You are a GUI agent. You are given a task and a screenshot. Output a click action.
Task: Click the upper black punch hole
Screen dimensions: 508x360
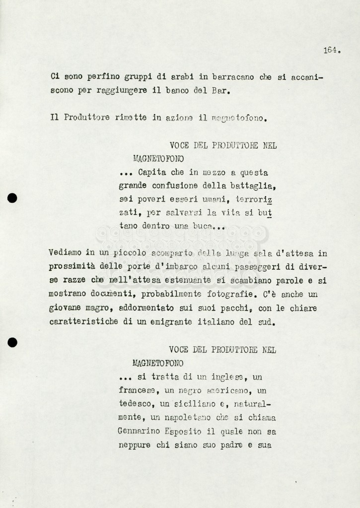pos(12,198)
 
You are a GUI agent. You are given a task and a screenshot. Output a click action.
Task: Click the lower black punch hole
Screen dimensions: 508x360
pos(12,342)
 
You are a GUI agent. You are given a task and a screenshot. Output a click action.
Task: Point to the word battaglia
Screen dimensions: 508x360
pos(253,186)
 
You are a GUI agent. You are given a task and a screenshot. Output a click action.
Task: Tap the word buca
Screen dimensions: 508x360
pos(201,226)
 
